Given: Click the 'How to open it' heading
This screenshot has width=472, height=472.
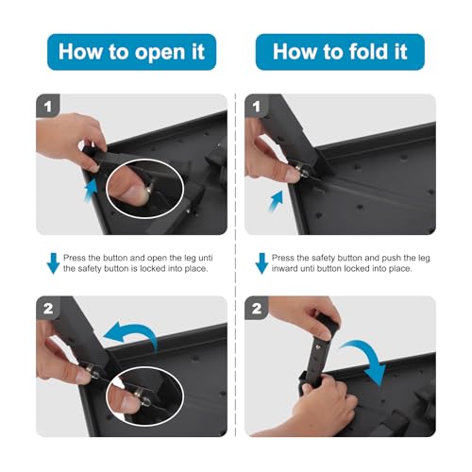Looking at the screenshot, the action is point(131,52).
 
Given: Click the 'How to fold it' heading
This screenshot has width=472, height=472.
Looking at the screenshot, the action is point(340,51).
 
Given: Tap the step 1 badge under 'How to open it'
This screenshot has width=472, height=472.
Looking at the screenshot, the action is point(48,106).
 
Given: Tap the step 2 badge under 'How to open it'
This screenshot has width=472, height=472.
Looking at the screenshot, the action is point(48,308).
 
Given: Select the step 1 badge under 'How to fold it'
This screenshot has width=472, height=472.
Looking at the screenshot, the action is point(257,106).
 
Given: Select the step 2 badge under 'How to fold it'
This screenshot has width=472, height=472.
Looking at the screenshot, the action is point(257,308).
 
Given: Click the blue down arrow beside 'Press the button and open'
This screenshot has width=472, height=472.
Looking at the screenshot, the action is point(53,263).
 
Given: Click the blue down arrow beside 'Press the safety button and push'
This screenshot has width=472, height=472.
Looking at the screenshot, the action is point(261,263).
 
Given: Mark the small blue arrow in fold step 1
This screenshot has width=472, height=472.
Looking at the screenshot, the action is point(277,200).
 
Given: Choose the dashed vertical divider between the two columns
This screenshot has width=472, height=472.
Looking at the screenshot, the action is point(235,264).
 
